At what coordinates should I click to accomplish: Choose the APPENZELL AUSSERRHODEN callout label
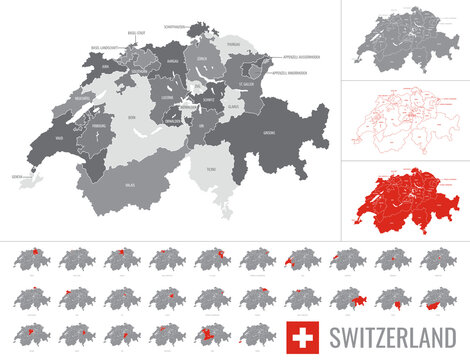[301, 58]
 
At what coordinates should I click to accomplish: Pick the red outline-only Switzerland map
[404, 121]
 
